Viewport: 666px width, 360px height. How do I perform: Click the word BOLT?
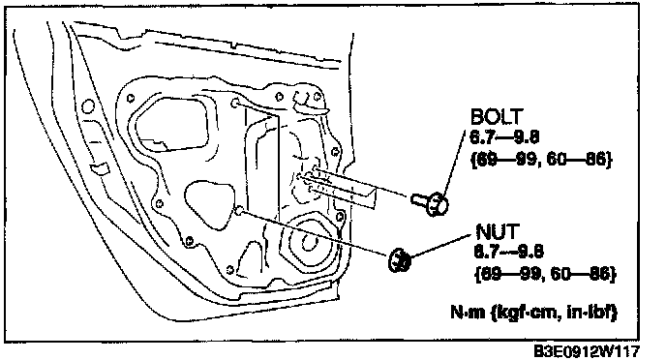pos(496,116)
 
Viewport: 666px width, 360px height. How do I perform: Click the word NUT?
pos(498,232)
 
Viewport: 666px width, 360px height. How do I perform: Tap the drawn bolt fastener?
pos(430,203)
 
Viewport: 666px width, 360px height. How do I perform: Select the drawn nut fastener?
pos(400,259)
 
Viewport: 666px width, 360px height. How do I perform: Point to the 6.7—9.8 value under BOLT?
pos(504,137)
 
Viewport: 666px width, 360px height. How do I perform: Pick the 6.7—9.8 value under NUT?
pos(508,252)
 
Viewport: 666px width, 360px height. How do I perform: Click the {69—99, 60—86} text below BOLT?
pos(541,160)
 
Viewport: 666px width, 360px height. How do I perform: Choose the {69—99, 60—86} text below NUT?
pos(545,274)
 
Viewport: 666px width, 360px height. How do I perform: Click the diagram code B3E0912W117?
pos(586,351)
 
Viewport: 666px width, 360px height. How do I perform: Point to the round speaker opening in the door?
pos(309,243)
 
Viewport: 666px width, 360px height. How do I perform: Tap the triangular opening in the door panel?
pos(208,204)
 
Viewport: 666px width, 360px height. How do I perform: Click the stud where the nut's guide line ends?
pos(239,209)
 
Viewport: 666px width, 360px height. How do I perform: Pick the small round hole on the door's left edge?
pos(88,106)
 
